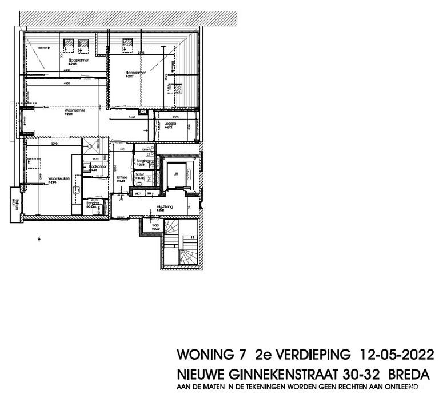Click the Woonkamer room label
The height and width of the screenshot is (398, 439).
pos(71,112)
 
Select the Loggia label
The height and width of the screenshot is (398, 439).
pos(170,124)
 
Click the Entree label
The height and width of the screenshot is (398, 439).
pos(122,177)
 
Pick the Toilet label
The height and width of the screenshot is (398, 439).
pos(139,174)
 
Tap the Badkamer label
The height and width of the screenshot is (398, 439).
pos(98,166)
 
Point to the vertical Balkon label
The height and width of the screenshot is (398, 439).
pos(12,203)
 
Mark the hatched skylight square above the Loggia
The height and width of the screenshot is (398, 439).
pos(178,89)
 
